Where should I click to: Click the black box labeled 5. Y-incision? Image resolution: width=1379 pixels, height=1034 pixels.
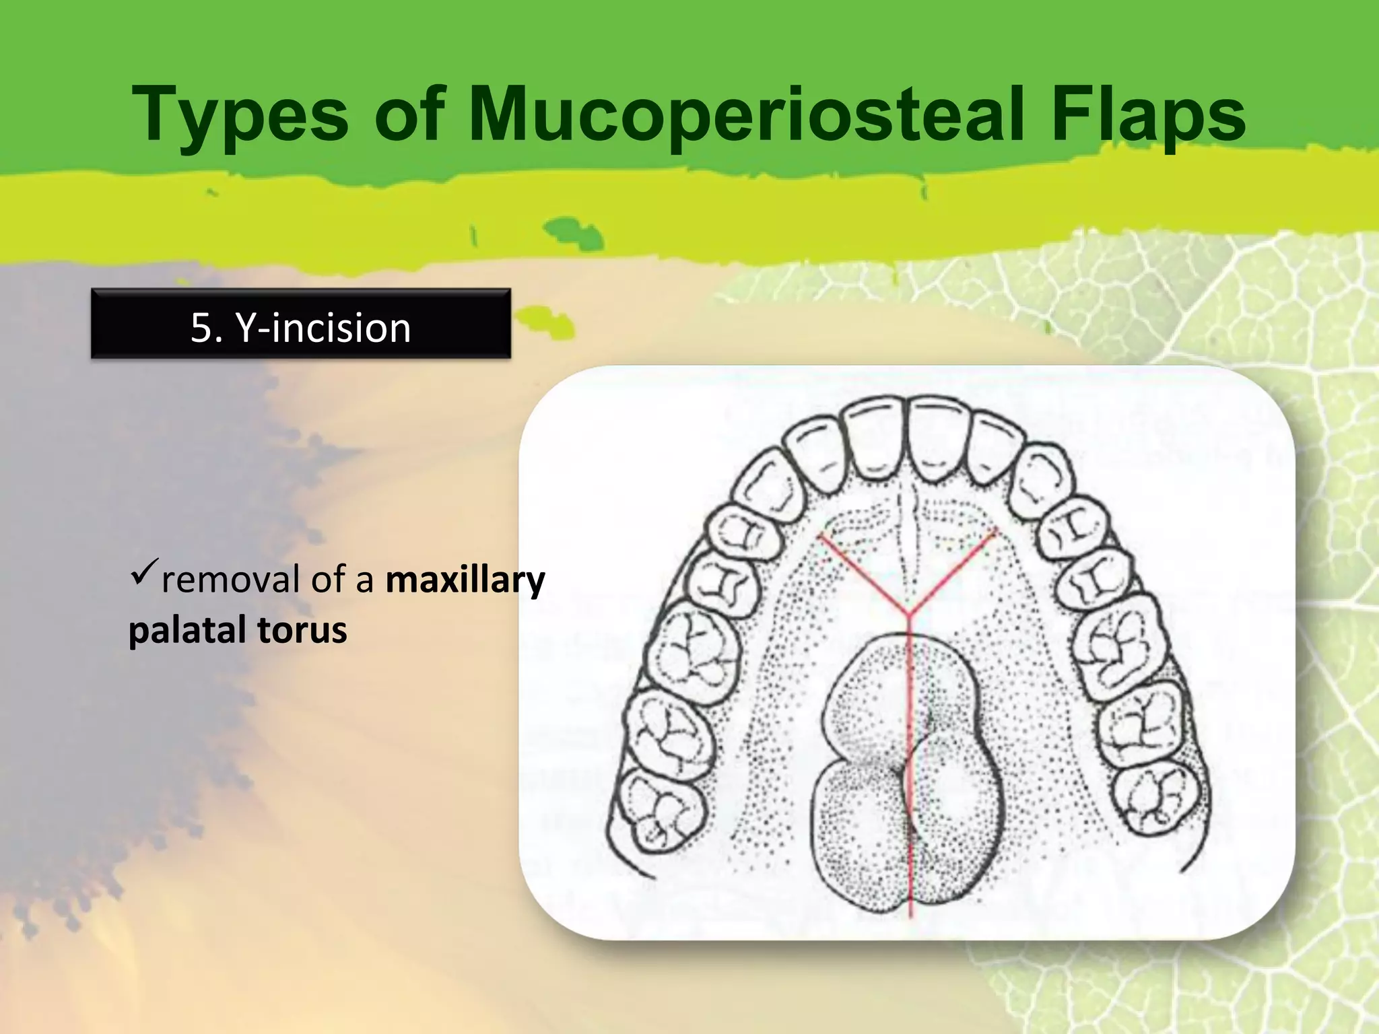300,324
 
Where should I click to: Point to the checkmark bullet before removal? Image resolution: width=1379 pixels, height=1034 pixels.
143,572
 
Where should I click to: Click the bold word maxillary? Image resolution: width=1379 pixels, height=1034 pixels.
465,580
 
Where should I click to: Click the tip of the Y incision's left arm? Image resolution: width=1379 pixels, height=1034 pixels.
819,537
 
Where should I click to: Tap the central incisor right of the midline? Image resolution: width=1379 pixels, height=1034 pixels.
939,436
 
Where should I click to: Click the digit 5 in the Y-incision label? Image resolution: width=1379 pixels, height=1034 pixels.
201,328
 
